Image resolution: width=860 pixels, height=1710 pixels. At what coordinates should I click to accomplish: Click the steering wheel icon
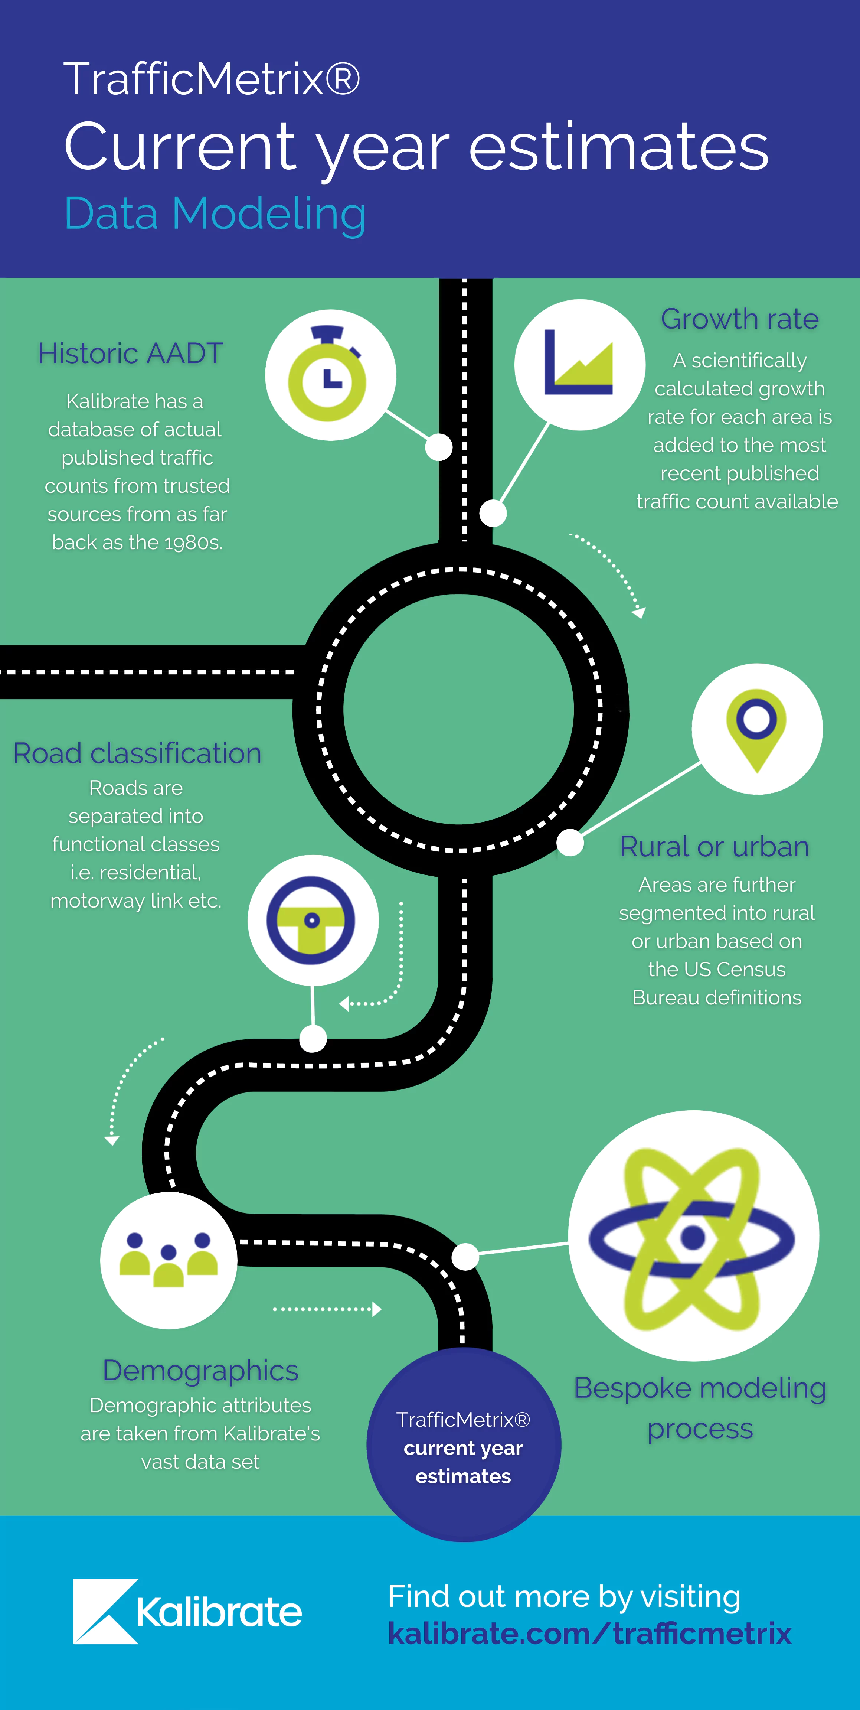[x=311, y=921]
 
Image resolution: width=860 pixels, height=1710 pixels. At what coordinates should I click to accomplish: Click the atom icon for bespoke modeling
[x=692, y=1239]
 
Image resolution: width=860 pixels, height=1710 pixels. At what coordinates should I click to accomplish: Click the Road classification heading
[x=137, y=753]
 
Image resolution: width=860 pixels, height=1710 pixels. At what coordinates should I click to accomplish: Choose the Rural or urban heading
[x=715, y=846]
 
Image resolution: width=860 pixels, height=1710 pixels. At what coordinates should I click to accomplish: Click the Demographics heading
[x=200, y=1370]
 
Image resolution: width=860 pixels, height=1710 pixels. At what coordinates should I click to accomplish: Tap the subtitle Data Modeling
[x=215, y=214]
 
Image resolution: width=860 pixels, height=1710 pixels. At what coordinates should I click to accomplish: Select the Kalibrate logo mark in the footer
[x=105, y=1611]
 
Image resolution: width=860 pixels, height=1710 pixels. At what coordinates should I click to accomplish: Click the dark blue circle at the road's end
[x=464, y=1444]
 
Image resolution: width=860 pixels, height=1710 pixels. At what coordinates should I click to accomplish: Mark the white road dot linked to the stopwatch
[x=439, y=447]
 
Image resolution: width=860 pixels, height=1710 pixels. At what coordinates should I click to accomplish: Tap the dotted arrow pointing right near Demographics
[x=327, y=1309]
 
